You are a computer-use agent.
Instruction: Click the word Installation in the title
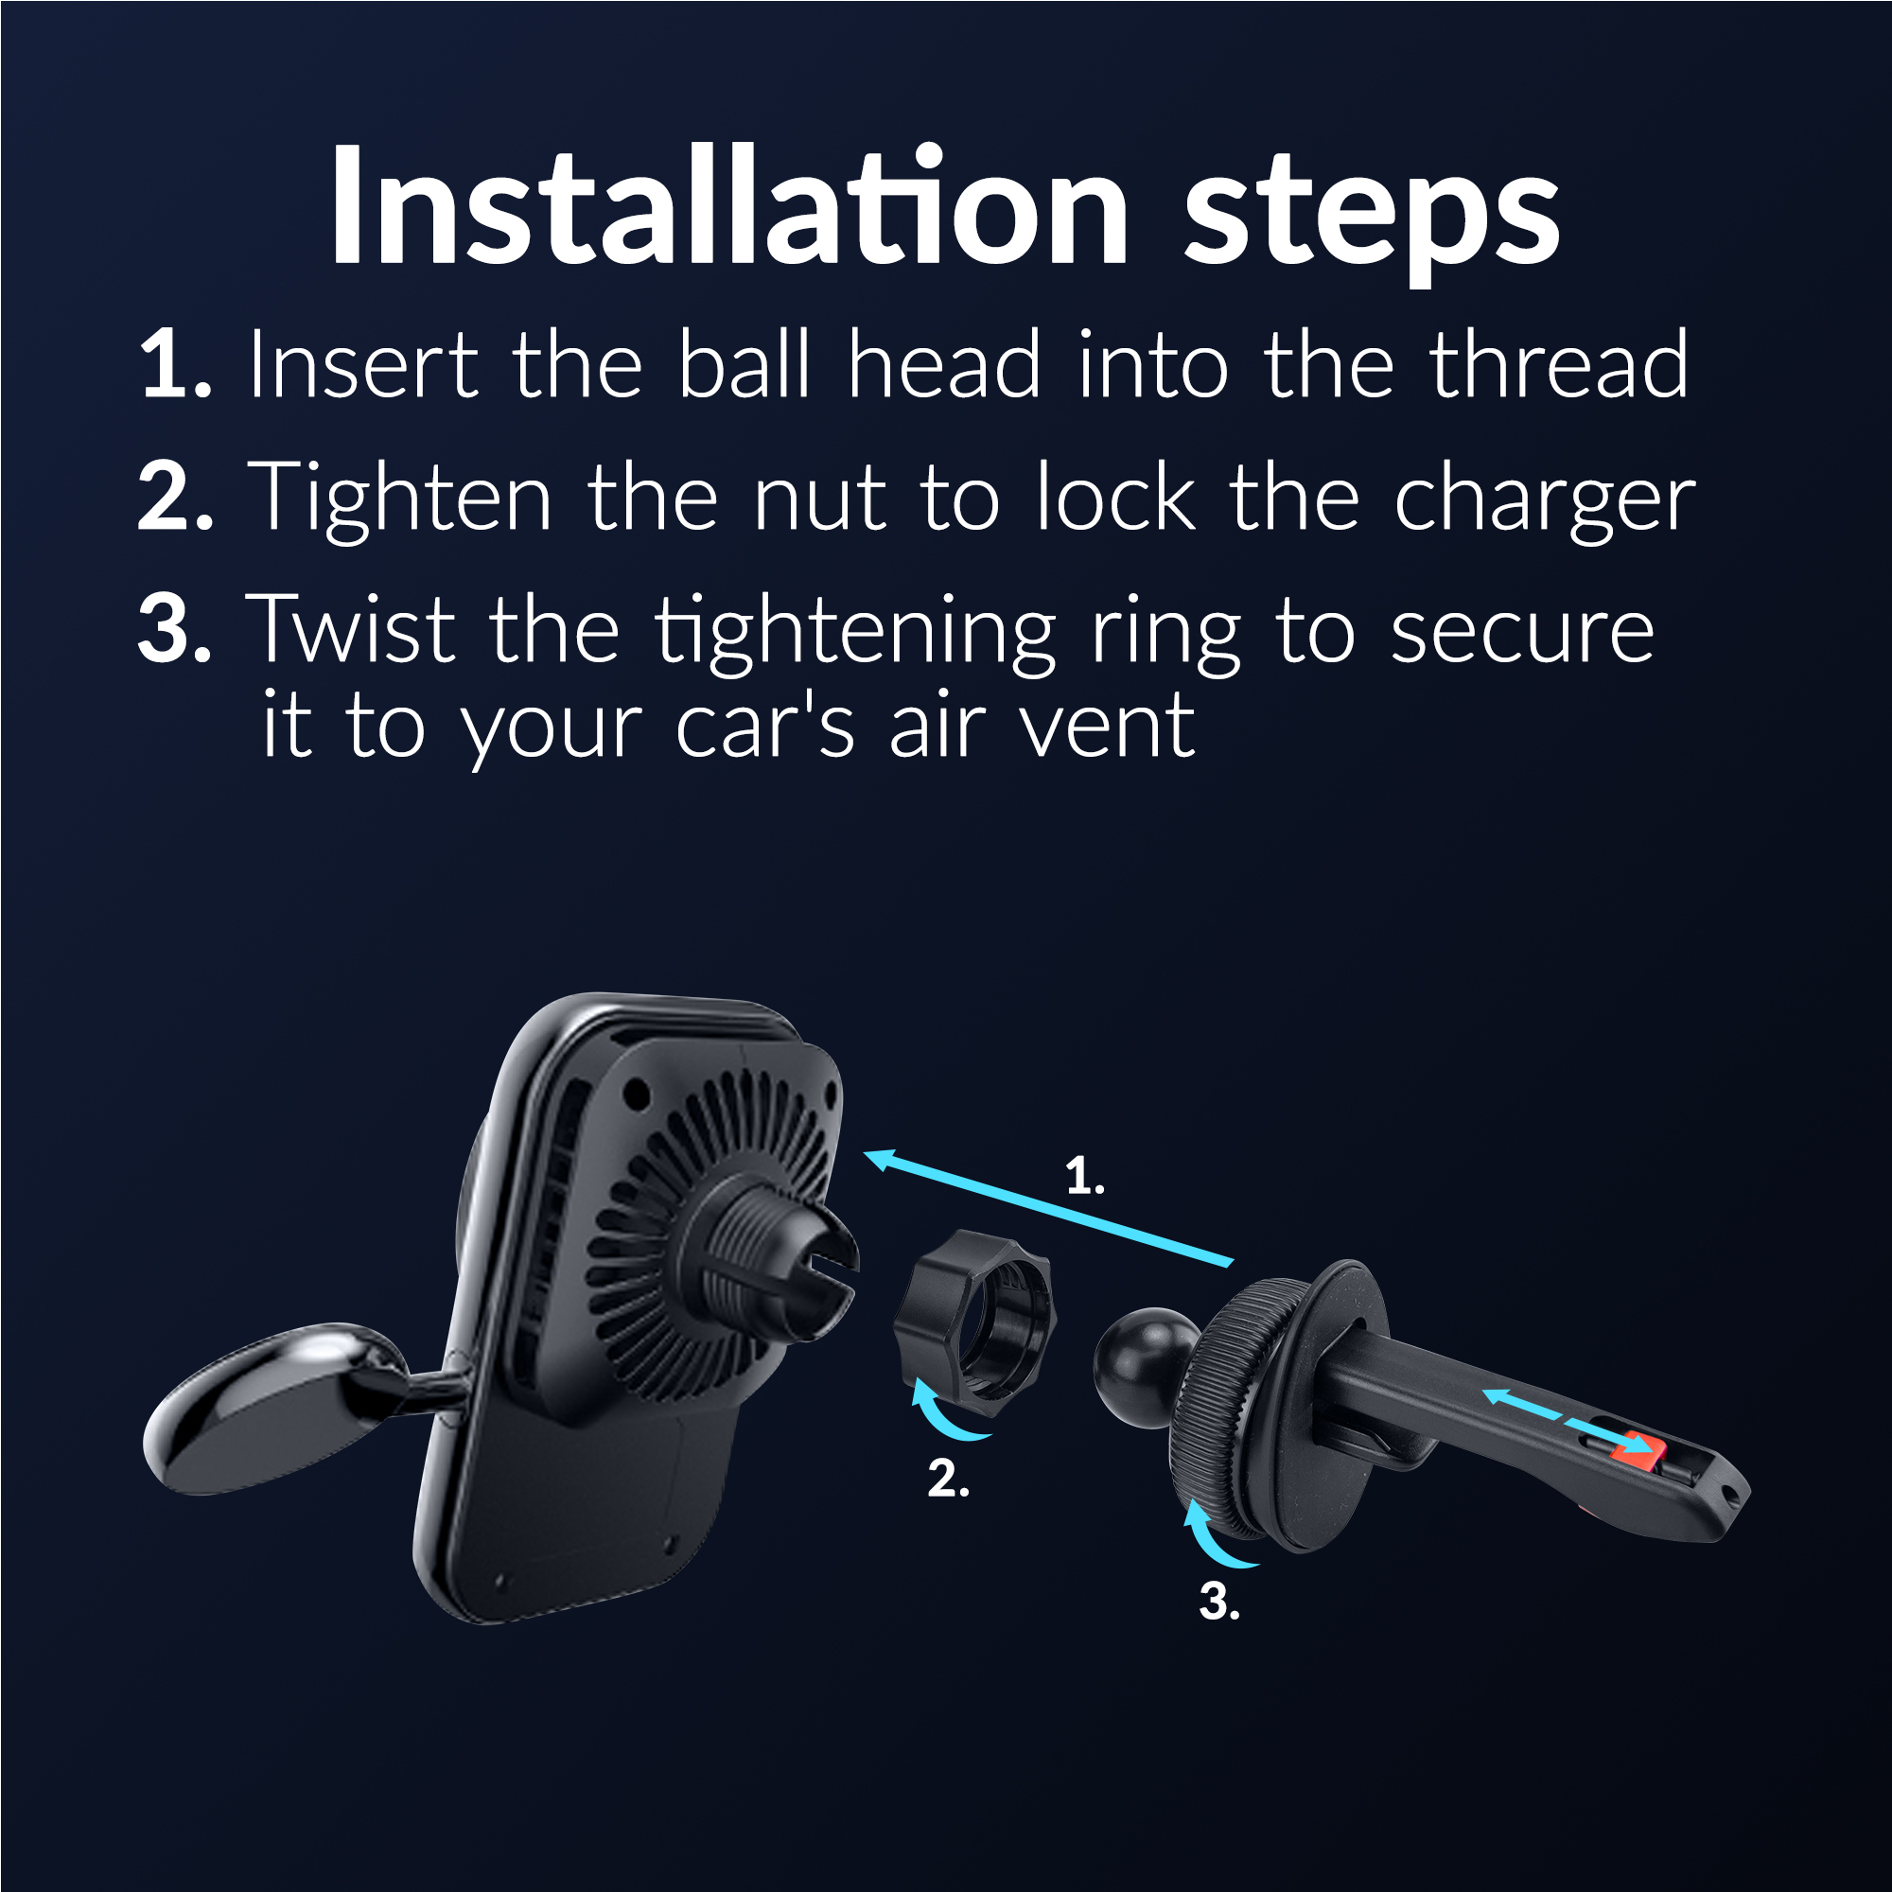pyautogui.click(x=729, y=204)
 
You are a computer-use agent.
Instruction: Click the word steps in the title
pyautogui.click(x=1371, y=218)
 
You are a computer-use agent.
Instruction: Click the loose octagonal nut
pyautogui.click(x=973, y=1323)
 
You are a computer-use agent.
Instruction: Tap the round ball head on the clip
pyautogui.click(x=1144, y=1364)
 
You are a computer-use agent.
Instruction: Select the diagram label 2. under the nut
pyautogui.click(x=948, y=1478)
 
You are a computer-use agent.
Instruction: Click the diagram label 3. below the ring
pyautogui.click(x=1219, y=1602)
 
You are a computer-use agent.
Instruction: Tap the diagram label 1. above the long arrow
pyautogui.click(x=1085, y=1175)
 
